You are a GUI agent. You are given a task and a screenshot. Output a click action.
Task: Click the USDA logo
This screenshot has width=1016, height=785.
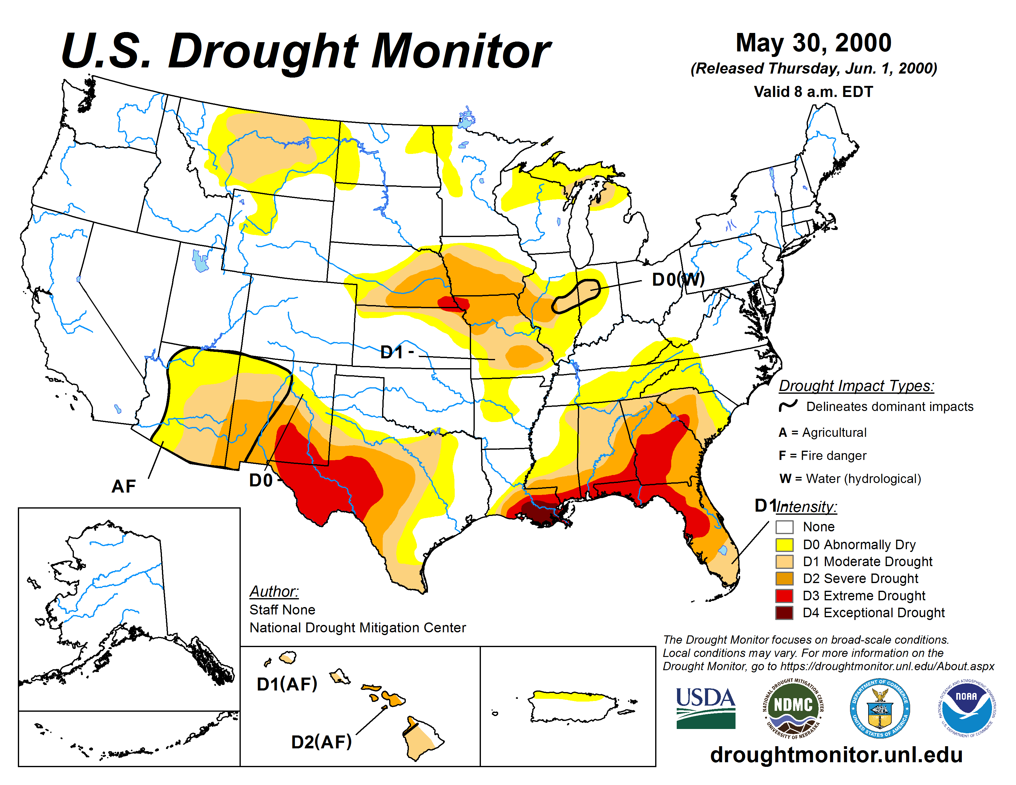tap(705, 708)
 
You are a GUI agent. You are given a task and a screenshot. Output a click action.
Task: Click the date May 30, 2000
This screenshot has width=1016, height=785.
tap(813, 43)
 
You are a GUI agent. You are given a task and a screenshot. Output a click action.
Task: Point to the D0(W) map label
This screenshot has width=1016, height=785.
tap(678, 279)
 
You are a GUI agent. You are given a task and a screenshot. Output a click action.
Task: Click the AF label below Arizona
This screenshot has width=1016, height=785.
tap(124, 486)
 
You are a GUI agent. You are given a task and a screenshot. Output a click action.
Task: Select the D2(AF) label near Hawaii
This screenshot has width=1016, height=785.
tap(321, 742)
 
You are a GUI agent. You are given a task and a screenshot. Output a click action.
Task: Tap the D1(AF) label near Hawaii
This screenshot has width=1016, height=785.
tap(287, 684)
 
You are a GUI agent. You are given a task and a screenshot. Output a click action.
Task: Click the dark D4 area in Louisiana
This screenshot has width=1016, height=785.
tap(540, 512)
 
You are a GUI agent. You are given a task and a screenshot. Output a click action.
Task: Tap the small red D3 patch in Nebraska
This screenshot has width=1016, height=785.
tap(453, 304)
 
